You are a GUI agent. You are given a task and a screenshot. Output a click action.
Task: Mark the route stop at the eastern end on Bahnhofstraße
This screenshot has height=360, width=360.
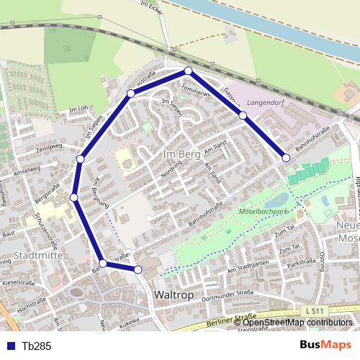click(x=286, y=158)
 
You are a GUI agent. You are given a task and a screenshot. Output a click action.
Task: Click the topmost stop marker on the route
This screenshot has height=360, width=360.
click(x=188, y=71)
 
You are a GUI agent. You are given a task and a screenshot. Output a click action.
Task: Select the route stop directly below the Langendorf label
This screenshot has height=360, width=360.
click(x=243, y=115)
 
